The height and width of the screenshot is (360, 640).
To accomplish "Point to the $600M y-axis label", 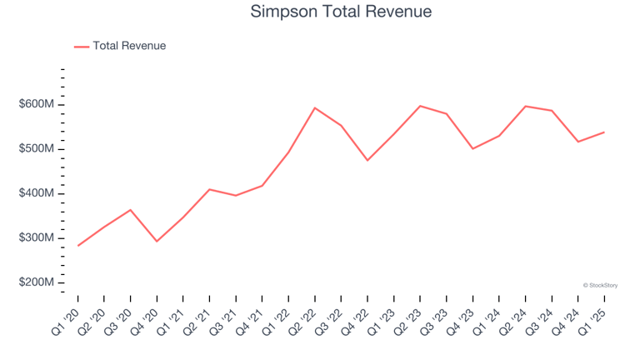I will pyautogui.click(x=37, y=104).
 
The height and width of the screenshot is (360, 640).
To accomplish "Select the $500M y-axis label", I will pyautogui.click(x=37, y=149).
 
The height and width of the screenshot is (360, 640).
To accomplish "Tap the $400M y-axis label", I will pyautogui.click(x=37, y=193).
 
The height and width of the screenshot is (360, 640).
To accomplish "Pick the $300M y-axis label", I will pyautogui.click(x=37, y=238).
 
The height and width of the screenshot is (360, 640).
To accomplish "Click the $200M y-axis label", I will pyautogui.click(x=37, y=283).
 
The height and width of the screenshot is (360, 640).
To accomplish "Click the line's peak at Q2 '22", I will pyautogui.click(x=315, y=107).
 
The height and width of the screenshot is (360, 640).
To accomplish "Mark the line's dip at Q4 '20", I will pyautogui.click(x=157, y=242).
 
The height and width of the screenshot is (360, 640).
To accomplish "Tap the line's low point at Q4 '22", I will pyautogui.click(x=367, y=160).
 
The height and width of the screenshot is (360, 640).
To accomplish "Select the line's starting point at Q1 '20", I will pyautogui.click(x=78, y=246).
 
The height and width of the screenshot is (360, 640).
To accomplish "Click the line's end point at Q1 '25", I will pyautogui.click(x=604, y=132).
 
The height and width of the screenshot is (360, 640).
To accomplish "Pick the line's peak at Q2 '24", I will pyautogui.click(x=526, y=106).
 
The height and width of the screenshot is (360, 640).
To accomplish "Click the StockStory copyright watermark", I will pyautogui.click(x=600, y=285).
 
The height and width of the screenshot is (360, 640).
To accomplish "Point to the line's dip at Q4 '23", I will pyautogui.click(x=472, y=148).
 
